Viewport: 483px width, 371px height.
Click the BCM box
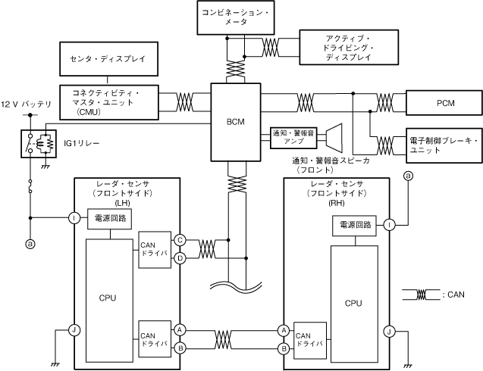pyautogui.click(x=234, y=121)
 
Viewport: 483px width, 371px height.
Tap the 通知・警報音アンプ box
pyautogui.click(x=293, y=137)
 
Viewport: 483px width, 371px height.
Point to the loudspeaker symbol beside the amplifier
pyautogui.click(x=331, y=137)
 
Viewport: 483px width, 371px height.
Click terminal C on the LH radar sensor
pyautogui.click(x=180, y=239)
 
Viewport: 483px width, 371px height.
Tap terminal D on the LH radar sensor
pyautogui.click(x=180, y=258)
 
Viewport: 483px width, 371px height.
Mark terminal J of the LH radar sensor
pyautogui.click(x=74, y=329)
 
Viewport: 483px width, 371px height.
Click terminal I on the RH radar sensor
pyautogui.click(x=388, y=224)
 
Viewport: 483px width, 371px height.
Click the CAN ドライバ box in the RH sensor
pyautogui.click(x=309, y=338)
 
